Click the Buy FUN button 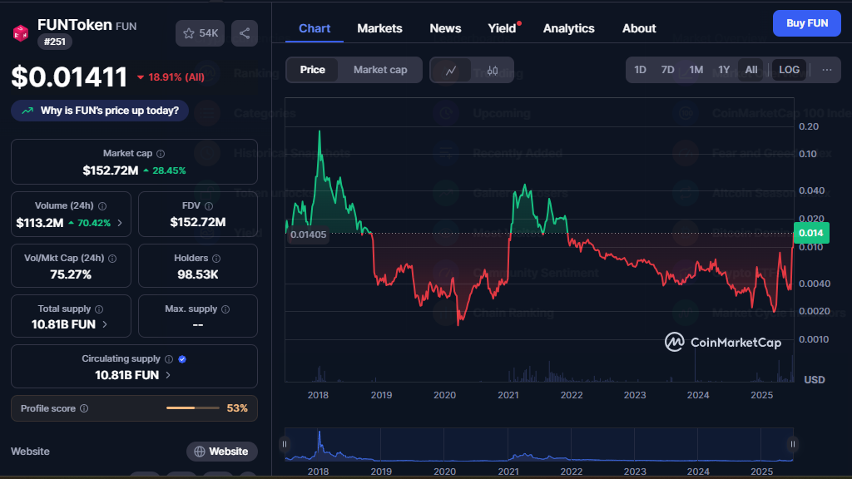click(x=806, y=23)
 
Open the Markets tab click(x=379, y=28)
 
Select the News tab click(x=445, y=28)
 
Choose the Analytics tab click(x=568, y=28)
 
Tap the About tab click(x=639, y=28)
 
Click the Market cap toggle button click(x=380, y=70)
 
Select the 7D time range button click(x=667, y=70)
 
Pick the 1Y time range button click(x=724, y=70)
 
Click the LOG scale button click(x=789, y=70)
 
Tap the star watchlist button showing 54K click(x=200, y=33)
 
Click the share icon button click(x=245, y=33)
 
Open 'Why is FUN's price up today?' click(x=100, y=111)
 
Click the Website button click(x=221, y=452)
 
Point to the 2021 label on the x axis click(x=508, y=395)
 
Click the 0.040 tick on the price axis click(x=810, y=190)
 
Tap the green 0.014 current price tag click(x=810, y=234)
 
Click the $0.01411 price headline click(x=69, y=77)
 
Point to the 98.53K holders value click(x=197, y=274)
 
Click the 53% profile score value click(x=237, y=408)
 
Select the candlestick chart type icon click(x=492, y=71)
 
